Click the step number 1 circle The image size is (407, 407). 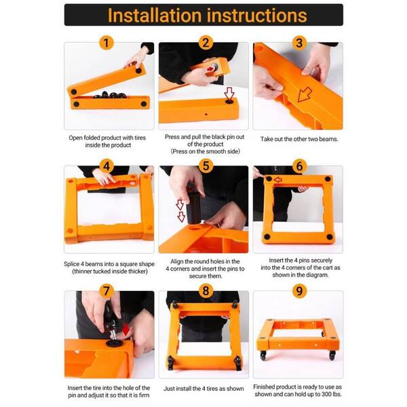click(x=105, y=43)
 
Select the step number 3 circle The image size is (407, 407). click(x=299, y=43)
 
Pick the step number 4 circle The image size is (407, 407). click(x=105, y=167)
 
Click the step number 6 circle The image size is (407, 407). click(x=299, y=167)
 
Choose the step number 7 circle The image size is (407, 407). click(x=105, y=292)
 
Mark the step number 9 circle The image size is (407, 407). click(x=299, y=292)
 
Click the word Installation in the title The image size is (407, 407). click(x=157, y=15)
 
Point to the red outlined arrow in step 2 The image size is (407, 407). click(x=229, y=93)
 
